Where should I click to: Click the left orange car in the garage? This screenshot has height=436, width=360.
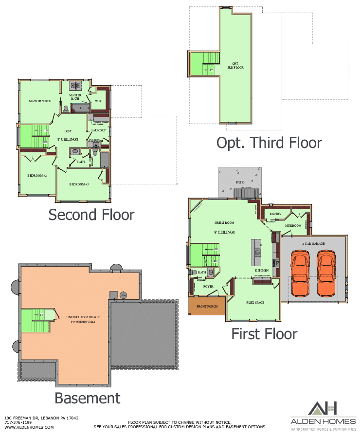coord(300,273)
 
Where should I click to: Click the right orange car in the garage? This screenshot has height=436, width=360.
coord(326,273)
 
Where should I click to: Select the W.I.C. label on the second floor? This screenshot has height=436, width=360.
coord(98,101)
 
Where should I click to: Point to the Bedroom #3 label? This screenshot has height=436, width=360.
coord(79,184)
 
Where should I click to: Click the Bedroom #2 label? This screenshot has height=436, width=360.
coord(36,175)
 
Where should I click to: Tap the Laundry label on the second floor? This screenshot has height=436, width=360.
coord(99,130)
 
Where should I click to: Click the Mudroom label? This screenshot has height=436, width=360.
coord(293,226)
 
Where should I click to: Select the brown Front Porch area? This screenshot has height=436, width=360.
coord(207,307)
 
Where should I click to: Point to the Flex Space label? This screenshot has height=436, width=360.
coord(255,302)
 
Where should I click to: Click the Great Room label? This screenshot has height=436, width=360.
coord(225,223)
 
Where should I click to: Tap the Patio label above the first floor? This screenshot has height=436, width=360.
coord(240,182)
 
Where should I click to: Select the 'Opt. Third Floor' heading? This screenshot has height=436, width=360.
coord(269,143)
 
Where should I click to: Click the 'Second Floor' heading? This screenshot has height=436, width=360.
coord(91,214)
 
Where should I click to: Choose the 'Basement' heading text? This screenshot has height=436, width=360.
coord(88,398)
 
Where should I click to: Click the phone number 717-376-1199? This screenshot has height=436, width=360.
coord(18,422)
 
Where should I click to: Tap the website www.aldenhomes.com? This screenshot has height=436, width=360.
coord(22,427)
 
